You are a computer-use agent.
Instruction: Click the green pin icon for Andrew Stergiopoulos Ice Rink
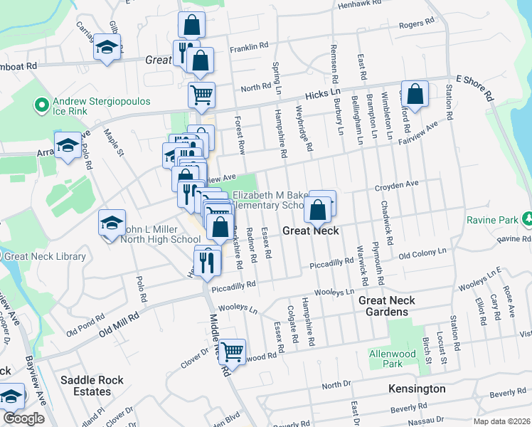pyautogui.click(x=41, y=107)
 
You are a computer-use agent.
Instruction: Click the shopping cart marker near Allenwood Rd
pyautogui.click(x=232, y=351)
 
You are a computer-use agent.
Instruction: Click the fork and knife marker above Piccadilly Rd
pyautogui.click(x=208, y=262)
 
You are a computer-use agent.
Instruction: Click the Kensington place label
pyautogui.click(x=417, y=389)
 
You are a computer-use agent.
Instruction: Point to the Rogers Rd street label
pyautogui.click(x=416, y=24)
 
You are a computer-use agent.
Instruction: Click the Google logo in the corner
pyautogui.click(x=23, y=418)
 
